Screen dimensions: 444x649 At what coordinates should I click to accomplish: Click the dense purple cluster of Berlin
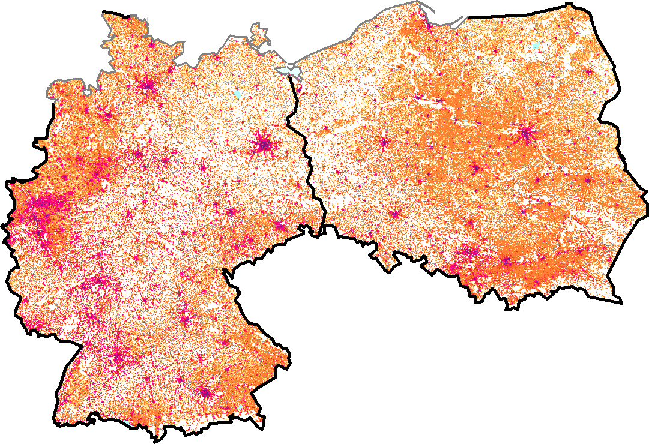click(x=263, y=144)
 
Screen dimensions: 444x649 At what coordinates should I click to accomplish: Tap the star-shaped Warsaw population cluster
click(x=527, y=134)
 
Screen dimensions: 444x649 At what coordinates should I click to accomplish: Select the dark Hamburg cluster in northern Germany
click(x=148, y=86)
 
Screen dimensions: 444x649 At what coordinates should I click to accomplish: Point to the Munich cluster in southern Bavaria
click(x=207, y=393)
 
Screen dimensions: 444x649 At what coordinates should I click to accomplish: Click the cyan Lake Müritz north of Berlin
click(x=238, y=94)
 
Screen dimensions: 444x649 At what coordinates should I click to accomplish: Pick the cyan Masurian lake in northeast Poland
click(x=536, y=46)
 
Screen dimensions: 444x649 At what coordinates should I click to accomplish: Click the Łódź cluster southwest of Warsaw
click(x=477, y=167)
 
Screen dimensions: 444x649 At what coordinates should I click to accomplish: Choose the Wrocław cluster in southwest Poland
click(x=395, y=214)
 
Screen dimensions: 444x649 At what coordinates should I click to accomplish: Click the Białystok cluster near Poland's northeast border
click(x=589, y=71)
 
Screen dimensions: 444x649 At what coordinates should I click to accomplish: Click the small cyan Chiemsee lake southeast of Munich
click(x=240, y=409)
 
